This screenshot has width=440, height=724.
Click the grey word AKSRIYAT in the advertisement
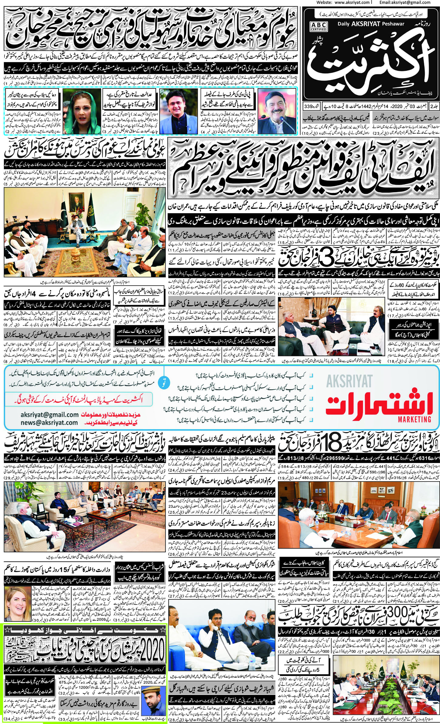click(x=349, y=381)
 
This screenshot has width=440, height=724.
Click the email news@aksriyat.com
click(x=49, y=423)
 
